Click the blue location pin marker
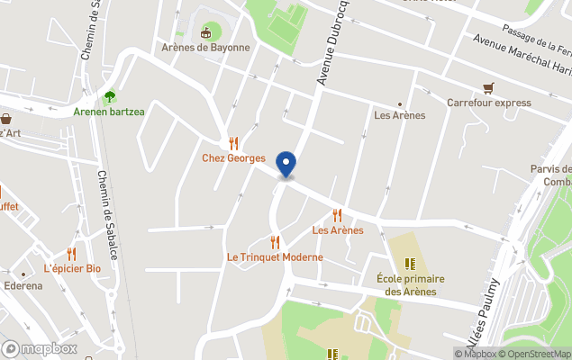pyautogui.click(x=286, y=164)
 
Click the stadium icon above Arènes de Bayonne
pyautogui.click(x=206, y=33)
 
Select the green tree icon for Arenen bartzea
pyautogui.click(x=109, y=96)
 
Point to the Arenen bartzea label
pyautogui.click(x=107, y=112)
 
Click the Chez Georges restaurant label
pyautogui.click(x=233, y=158)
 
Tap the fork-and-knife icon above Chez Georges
pyautogui.click(x=233, y=143)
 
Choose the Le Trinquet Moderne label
pyautogui.click(x=275, y=257)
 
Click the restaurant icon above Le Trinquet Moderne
pyautogui.click(x=275, y=242)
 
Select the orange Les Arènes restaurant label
pyautogui.click(x=338, y=230)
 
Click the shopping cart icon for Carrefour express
pyautogui.click(x=488, y=88)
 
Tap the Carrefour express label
pyautogui.click(x=489, y=103)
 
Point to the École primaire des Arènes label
pyautogui.click(x=411, y=284)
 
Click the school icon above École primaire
pyautogui.click(x=411, y=264)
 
